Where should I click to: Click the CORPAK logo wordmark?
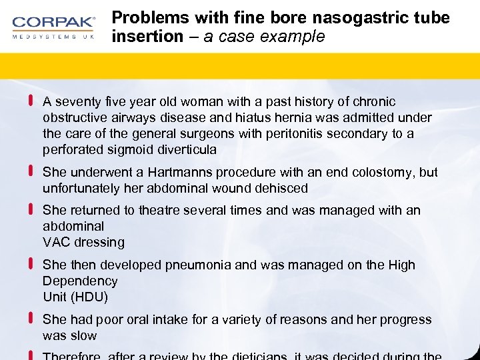53,22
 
